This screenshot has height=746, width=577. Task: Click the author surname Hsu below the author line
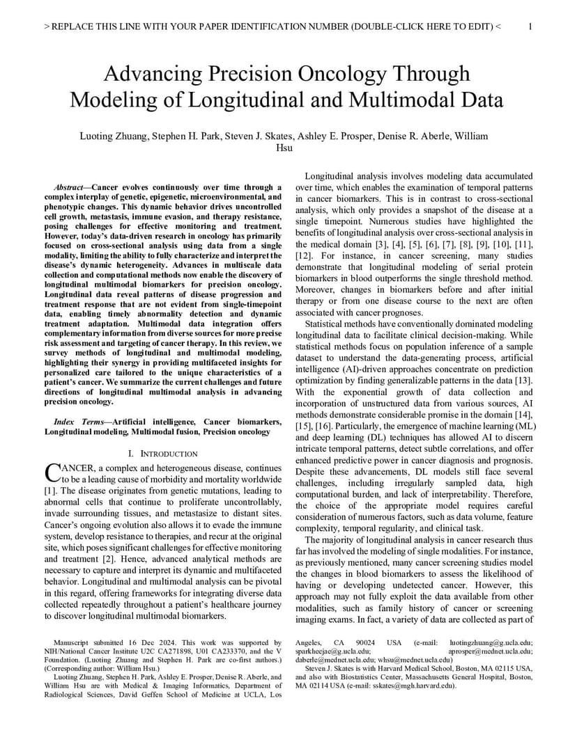(x=285, y=148)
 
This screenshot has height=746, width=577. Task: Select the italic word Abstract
(x=70, y=187)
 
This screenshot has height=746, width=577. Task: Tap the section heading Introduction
(x=168, y=453)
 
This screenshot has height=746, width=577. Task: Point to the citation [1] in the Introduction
(x=50, y=491)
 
